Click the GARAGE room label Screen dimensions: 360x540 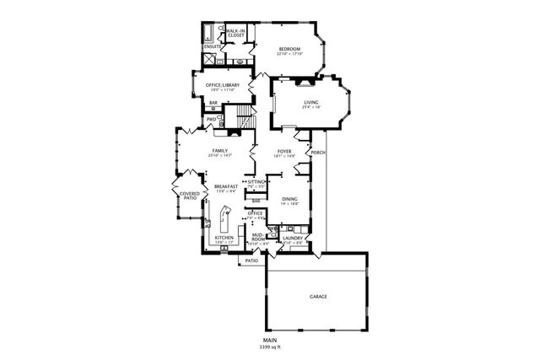click(x=318, y=297)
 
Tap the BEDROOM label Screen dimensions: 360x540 click(x=290, y=50)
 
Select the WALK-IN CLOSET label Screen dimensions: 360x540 click(x=236, y=33)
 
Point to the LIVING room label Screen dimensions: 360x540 click(x=312, y=103)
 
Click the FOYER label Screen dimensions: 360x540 click(x=284, y=152)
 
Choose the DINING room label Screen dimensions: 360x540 click(x=289, y=200)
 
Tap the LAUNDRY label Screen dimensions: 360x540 click(x=293, y=238)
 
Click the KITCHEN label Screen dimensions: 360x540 click(x=224, y=239)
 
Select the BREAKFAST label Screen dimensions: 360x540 click(x=224, y=186)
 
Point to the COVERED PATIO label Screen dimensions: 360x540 click(x=190, y=196)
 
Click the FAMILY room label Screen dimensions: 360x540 click(x=220, y=150)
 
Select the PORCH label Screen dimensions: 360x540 click(x=319, y=153)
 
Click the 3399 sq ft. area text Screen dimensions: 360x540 click(x=270, y=347)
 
